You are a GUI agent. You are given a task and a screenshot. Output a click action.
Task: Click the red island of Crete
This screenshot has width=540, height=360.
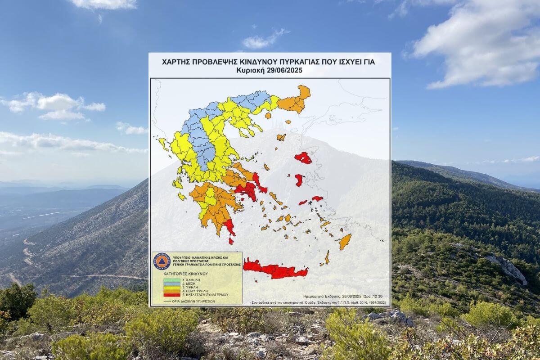(x=274, y=270)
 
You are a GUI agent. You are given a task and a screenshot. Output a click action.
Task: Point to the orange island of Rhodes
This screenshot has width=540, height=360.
(x=345, y=241)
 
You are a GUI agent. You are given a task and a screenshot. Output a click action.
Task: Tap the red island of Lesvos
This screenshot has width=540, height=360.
(x=303, y=158)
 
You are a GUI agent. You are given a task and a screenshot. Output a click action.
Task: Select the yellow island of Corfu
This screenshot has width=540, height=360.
(x=163, y=144)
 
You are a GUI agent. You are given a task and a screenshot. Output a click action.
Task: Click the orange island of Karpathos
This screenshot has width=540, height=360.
(x=327, y=257)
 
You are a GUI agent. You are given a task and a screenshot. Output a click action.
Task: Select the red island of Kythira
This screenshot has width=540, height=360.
(x=231, y=241)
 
